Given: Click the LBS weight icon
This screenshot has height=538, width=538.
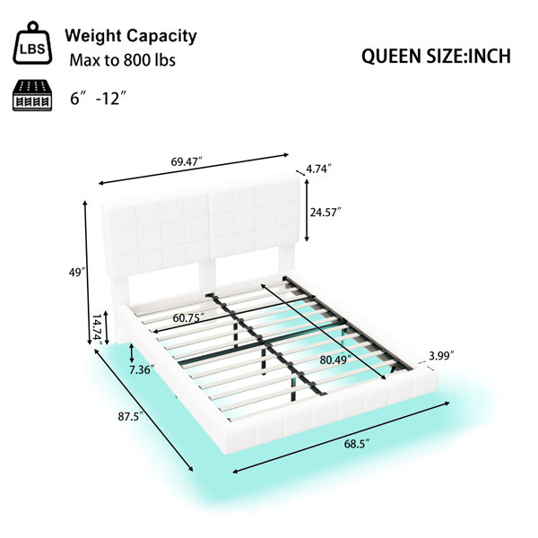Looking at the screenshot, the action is click(32, 43).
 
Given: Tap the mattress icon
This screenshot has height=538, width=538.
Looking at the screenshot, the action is click(32, 96).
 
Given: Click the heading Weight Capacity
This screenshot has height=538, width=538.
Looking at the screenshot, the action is click(131, 37).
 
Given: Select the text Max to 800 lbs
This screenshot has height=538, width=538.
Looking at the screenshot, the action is click(123, 60).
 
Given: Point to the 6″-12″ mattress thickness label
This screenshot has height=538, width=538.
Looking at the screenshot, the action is click(98, 98).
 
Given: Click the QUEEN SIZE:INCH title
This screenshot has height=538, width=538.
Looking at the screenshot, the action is click(436, 56).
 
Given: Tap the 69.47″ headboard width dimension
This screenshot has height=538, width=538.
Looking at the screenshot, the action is click(187, 161).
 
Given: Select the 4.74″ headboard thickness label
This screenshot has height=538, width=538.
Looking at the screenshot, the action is click(318, 169).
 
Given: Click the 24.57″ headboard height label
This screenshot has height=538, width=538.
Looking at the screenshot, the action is click(325, 213).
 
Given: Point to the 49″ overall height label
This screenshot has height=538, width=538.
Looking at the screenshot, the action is click(77, 273).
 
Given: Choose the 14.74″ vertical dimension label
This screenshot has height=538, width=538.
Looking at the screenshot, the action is click(98, 330).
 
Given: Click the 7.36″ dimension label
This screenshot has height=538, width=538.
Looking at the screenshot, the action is click(143, 369).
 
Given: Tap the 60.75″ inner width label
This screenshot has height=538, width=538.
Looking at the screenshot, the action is click(188, 318).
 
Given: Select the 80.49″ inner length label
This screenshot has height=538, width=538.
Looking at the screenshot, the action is click(335, 360).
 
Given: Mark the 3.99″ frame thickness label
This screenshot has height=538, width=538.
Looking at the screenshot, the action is click(441, 356).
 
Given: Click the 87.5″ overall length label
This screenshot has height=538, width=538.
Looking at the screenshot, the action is click(130, 417).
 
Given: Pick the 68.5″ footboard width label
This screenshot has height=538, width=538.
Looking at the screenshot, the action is click(357, 444).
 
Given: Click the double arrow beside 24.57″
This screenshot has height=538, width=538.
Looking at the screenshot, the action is click(307, 210).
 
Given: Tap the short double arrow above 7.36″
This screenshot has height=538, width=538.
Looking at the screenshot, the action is click(132, 353).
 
